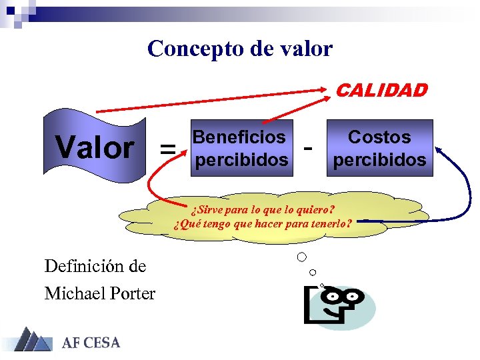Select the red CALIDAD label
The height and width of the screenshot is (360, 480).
click(x=381, y=91)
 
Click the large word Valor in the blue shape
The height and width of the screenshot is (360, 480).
click(x=95, y=147)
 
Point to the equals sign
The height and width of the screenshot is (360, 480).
click(x=167, y=149)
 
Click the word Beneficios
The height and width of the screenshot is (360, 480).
click(x=239, y=137)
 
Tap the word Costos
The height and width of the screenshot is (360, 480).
click(x=379, y=137)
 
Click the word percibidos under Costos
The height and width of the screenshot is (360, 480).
click(x=379, y=160)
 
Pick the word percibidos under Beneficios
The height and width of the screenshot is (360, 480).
click(x=240, y=160)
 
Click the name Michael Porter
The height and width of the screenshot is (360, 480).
click(x=100, y=293)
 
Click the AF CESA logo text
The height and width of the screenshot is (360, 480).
click(x=91, y=343)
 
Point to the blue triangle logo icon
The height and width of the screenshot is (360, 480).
click(x=32, y=340)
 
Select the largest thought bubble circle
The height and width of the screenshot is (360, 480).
click(x=302, y=257)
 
